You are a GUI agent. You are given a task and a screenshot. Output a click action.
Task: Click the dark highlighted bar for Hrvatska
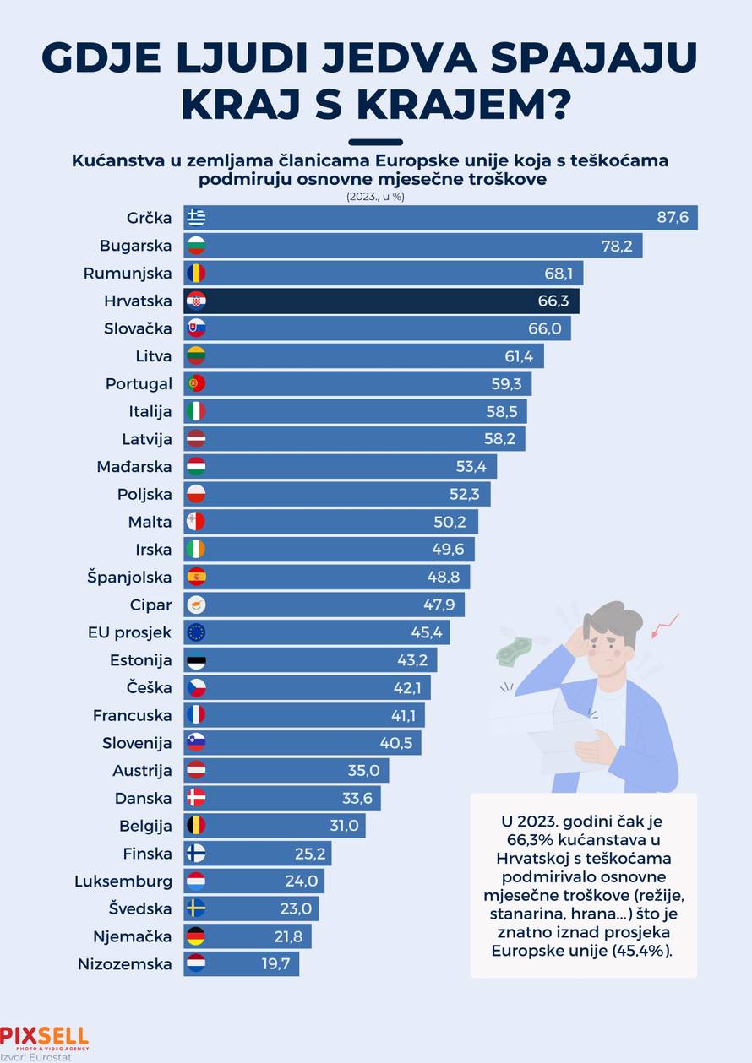[x=380, y=301]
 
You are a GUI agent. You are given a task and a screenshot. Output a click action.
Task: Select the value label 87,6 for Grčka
[x=673, y=218]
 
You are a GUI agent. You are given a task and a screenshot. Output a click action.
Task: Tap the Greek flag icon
[x=196, y=218]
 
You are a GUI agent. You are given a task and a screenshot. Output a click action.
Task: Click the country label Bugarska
[x=135, y=246]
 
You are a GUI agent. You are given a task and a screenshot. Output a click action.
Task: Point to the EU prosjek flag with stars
[x=196, y=632]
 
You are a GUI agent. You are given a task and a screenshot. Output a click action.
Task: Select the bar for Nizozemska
[x=241, y=964]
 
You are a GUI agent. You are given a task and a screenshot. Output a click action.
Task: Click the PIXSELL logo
[x=44, y=1038]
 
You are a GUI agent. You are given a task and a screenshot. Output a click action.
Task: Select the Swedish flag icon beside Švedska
[x=196, y=908]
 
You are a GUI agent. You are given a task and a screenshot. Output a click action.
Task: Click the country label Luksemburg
[x=123, y=881]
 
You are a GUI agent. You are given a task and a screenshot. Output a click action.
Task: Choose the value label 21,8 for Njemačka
[x=292, y=936]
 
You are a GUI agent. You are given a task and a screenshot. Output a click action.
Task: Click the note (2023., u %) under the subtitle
[x=375, y=196]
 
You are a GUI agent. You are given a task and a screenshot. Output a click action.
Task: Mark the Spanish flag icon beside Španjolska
[x=196, y=578]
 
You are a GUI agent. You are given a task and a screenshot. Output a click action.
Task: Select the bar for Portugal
[x=355, y=384]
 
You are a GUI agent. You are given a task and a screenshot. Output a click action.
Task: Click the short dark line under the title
[x=375, y=142]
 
